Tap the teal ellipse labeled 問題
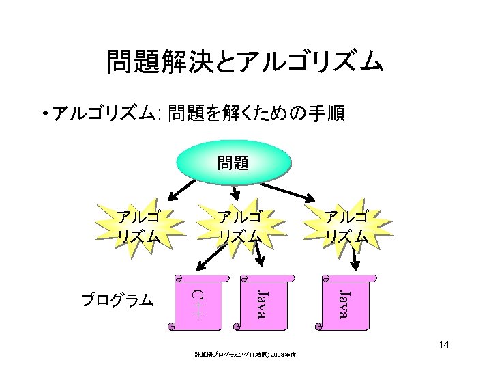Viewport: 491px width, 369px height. click(233, 163)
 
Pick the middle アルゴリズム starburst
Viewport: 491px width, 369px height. click(239, 226)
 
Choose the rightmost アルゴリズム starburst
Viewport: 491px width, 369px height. click(346, 226)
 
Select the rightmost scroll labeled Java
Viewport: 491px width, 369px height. click(343, 303)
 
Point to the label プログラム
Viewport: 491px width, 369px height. click(117, 300)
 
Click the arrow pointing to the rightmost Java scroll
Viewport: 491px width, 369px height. click(354, 258)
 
